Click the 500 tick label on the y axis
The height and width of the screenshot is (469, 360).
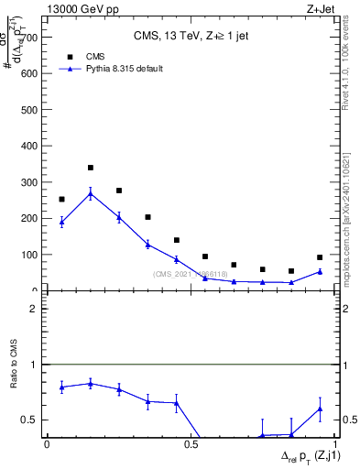[x=29, y=110]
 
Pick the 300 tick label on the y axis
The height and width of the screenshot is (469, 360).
[x=29, y=182]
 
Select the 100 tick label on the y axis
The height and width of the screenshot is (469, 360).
[x=29, y=255]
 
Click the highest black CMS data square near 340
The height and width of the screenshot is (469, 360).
[x=91, y=168]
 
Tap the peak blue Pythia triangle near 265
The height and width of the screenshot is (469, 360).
[x=91, y=193]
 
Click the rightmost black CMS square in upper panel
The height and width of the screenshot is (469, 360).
[x=320, y=257]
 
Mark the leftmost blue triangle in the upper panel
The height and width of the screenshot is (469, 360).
[x=61, y=222]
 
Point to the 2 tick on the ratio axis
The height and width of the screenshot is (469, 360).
[x=33, y=309]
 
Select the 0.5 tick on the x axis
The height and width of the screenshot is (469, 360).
[x=191, y=444]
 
